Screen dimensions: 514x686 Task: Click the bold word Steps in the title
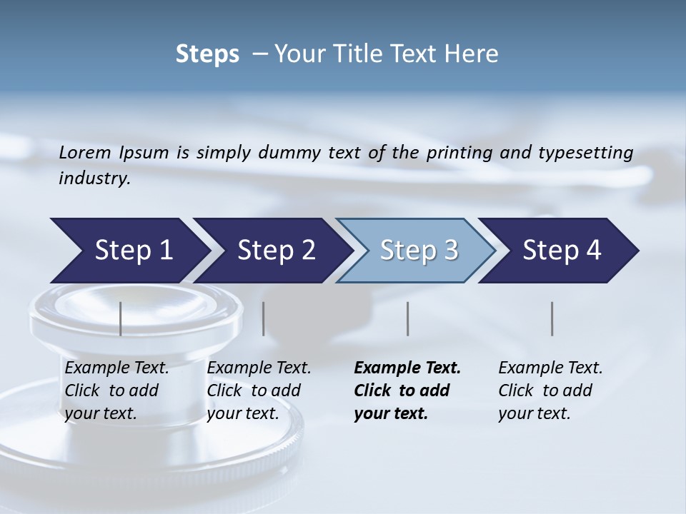click(x=207, y=54)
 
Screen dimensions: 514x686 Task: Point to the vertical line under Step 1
click(x=121, y=318)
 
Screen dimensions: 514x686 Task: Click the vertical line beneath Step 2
click(x=264, y=318)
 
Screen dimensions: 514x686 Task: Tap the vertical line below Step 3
click(x=408, y=318)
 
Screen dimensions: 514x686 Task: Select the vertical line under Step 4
click(x=552, y=318)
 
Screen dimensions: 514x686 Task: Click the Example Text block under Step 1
click(x=116, y=390)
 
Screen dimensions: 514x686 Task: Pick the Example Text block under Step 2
click(x=259, y=390)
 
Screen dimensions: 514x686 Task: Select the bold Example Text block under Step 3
click(x=407, y=390)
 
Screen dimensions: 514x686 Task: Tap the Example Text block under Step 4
click(x=550, y=390)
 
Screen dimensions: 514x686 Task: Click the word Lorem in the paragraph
click(x=85, y=152)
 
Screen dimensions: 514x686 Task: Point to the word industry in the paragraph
click(x=94, y=178)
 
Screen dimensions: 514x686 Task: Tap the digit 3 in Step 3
click(x=450, y=251)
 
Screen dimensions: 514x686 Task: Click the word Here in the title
click(x=475, y=54)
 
